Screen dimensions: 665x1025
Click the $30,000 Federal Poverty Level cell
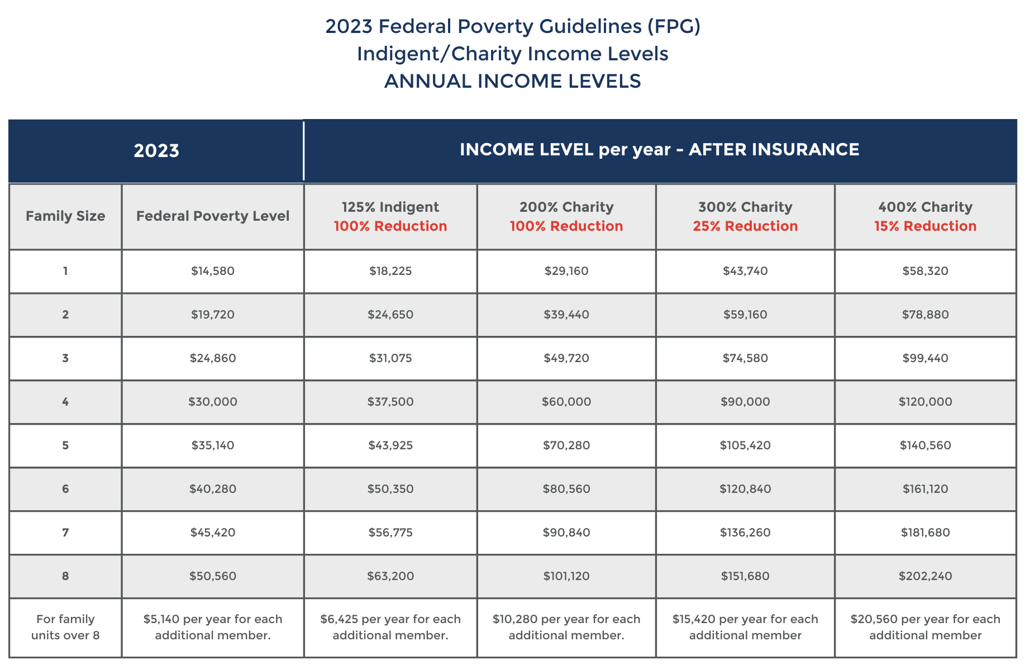point(213,402)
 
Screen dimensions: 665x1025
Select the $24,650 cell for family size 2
point(390,315)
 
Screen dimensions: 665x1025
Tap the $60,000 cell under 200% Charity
point(566,402)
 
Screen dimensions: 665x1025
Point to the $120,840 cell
point(745,489)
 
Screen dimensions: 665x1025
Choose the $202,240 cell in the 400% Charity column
point(925,576)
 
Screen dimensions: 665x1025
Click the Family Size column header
point(65,216)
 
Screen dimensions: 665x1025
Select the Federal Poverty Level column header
point(213,216)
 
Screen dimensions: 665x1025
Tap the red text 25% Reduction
point(745,226)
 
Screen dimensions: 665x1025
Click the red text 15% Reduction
point(925,226)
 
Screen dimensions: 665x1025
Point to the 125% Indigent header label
point(390,207)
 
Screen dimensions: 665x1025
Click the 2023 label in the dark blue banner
point(156,151)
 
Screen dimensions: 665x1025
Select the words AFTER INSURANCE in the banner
point(774,150)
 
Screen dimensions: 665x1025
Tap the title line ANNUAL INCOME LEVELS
point(512,82)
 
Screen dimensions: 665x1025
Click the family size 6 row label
point(65,489)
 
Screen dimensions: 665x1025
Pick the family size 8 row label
point(65,576)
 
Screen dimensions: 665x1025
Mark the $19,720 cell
point(213,315)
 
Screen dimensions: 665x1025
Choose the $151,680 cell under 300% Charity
point(745,576)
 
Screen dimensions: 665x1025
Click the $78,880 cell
point(925,315)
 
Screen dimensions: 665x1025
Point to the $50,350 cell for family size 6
point(390,489)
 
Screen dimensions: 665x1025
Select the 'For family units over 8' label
point(65,627)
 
